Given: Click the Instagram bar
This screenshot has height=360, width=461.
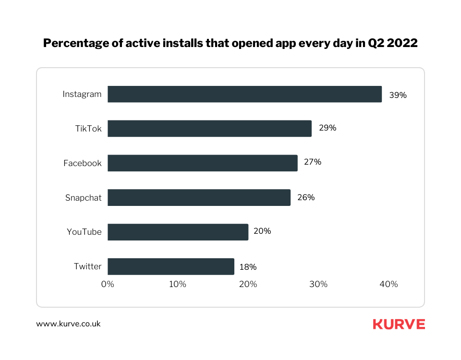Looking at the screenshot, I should tap(244, 94).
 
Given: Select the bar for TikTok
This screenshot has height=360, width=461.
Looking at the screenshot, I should tap(209, 129).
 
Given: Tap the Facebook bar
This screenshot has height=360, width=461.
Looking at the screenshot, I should tap(202, 163).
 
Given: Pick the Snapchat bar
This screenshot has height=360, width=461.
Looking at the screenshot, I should tap(199, 197).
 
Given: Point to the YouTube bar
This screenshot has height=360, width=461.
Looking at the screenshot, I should tap(178, 232).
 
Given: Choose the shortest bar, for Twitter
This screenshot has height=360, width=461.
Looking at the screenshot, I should tap(170, 266).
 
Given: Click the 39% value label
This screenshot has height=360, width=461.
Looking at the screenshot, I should tap(398, 95).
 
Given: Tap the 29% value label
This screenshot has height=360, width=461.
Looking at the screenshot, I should tap(328, 128).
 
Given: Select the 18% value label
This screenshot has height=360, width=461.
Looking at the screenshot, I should tap(248, 267).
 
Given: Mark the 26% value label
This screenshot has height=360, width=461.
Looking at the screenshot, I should tap(306, 197).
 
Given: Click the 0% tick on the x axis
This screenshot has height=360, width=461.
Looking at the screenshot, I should tap(108, 284).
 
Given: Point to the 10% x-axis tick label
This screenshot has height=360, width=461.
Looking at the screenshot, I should tap(178, 284).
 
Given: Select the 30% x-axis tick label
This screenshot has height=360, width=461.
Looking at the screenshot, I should tap(318, 284).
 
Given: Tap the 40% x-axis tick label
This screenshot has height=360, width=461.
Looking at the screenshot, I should tap(388, 284).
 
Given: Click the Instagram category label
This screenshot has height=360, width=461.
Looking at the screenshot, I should tap(82, 94).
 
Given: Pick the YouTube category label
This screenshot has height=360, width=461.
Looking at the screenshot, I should tap(84, 232).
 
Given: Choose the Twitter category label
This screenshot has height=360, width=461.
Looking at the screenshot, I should tap(87, 266).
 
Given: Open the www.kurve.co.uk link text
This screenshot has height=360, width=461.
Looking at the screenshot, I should tap(68, 324).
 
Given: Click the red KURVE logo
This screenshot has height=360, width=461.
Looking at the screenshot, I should tap(399, 324).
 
